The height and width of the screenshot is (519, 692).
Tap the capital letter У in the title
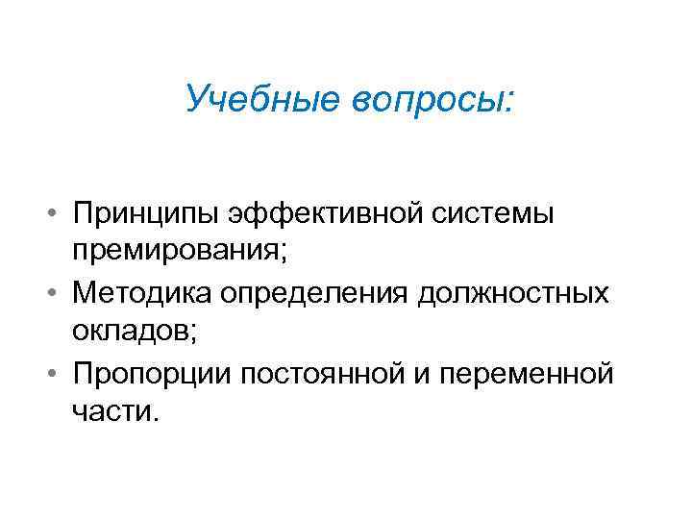[x=198, y=98]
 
